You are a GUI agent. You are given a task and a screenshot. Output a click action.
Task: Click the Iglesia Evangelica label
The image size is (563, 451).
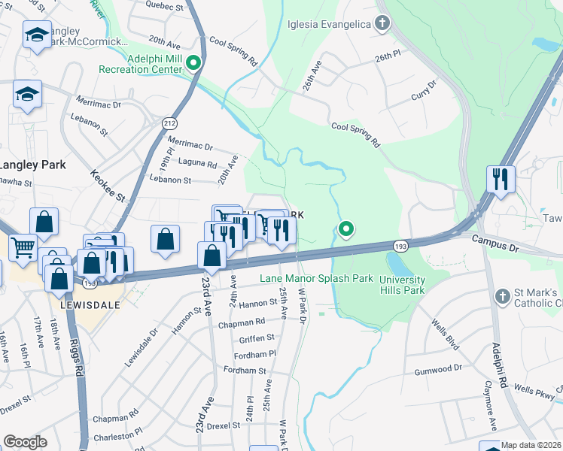coord(330,24)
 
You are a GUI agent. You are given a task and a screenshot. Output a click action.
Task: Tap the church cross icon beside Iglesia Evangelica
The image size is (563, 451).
coord(382,23)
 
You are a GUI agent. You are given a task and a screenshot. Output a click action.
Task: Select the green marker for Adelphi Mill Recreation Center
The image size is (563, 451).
coord(193,63)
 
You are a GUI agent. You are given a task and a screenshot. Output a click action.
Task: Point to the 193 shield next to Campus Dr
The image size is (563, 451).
coord(400,245)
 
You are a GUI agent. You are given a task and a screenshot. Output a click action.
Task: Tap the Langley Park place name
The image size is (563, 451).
coord(32,165)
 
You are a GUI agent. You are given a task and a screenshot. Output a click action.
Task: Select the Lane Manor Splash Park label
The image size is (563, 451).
coord(317,278)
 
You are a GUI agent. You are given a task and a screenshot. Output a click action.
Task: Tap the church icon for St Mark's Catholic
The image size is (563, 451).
coord(503,297)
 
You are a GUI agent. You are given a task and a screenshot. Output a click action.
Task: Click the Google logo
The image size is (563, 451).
coord(25,442)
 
